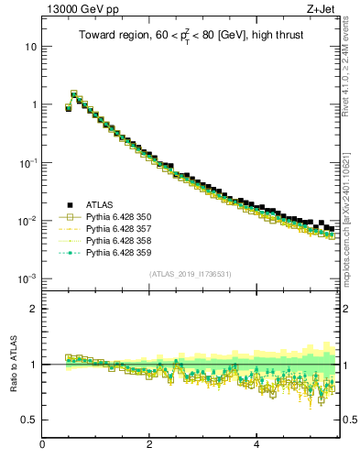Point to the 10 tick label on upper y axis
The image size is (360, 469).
(x=31, y=46)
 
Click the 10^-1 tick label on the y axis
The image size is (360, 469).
(x=27, y=162)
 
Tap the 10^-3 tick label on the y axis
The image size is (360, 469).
(x=27, y=278)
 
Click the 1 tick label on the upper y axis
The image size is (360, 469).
(x=34, y=104)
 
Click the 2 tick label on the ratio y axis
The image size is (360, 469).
(x=34, y=308)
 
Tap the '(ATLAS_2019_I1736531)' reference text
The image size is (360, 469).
(x=190, y=274)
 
